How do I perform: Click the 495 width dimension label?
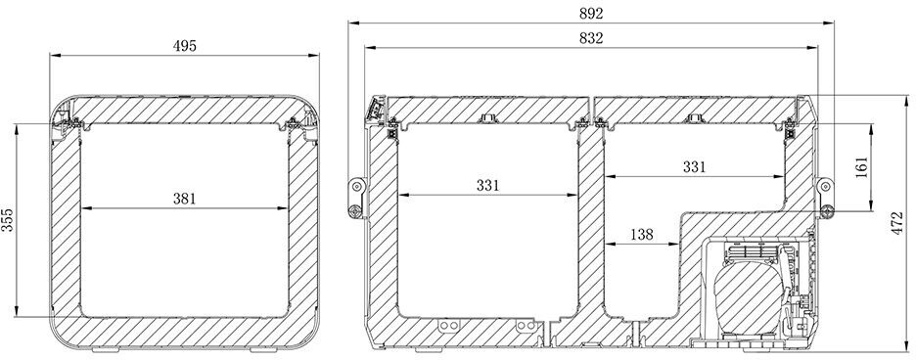tap(185, 46)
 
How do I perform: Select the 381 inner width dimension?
tap(185, 199)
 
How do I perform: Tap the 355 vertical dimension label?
tap(7, 220)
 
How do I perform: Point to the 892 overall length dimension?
tap(591, 13)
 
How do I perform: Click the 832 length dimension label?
tap(591, 38)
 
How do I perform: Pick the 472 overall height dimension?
tap(897, 224)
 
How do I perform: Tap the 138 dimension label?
tap(642, 235)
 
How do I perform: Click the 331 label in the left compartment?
tap(487, 185)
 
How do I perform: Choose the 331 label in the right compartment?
tap(695, 167)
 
